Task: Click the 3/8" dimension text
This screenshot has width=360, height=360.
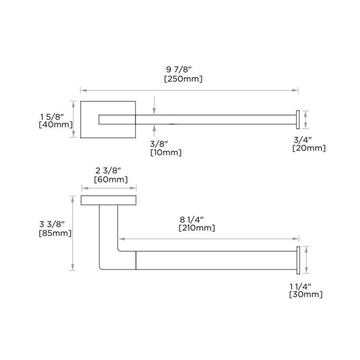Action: [159, 144]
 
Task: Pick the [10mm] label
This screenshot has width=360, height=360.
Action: [166, 153]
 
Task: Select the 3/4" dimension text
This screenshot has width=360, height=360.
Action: [302, 139]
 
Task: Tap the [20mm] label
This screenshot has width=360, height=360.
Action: [309, 148]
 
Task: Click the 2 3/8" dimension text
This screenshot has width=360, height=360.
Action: [108, 171]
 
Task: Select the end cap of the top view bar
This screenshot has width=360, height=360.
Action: [297, 119]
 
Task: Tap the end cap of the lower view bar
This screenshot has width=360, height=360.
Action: [297, 260]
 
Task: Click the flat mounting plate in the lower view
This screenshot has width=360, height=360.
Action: [108, 201]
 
